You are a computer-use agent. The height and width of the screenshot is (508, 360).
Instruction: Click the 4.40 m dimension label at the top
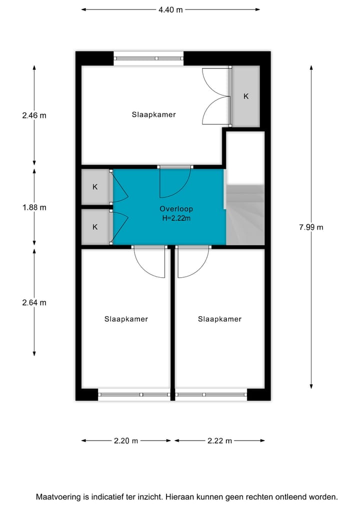(170, 9)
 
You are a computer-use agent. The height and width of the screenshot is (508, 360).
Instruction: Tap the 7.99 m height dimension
(311, 227)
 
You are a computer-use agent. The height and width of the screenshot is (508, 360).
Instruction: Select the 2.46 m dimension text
(34, 115)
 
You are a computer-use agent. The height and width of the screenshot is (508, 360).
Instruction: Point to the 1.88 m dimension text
(34, 207)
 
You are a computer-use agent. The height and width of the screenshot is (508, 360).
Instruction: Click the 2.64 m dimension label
(34, 302)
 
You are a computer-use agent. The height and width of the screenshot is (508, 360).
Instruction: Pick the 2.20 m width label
(126, 441)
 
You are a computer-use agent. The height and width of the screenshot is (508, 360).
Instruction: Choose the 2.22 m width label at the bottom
(219, 441)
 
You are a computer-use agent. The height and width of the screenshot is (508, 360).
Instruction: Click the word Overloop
(176, 209)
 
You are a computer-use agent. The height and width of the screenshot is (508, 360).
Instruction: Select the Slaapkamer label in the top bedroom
(153, 114)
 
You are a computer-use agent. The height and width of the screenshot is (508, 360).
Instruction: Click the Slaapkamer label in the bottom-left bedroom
(126, 319)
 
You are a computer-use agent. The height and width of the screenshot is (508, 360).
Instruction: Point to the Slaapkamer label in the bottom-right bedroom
(219, 319)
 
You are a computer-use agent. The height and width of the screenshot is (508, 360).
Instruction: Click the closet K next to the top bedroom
(245, 96)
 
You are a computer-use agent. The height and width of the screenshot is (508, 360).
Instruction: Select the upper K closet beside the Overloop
(95, 187)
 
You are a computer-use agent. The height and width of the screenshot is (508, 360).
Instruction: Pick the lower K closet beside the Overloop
(95, 227)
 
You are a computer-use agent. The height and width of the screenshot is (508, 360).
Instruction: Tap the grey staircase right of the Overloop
(245, 215)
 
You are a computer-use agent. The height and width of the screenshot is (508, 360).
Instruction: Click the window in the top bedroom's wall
(148, 58)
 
